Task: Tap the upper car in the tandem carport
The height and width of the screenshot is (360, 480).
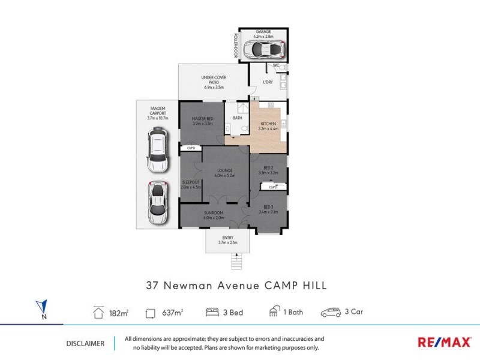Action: click(x=157, y=152)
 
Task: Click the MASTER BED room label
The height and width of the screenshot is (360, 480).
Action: click(x=203, y=119)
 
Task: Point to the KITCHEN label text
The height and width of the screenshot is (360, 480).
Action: click(x=268, y=124)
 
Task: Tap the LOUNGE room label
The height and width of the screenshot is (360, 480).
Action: click(x=225, y=171)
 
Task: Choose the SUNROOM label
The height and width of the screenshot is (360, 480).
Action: click(x=214, y=213)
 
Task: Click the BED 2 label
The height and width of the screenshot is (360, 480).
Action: click(x=268, y=167)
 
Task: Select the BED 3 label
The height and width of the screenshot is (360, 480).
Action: click(x=268, y=206)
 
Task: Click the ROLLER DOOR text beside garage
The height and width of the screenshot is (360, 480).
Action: click(x=235, y=45)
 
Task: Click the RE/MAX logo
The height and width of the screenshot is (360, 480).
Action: click(x=444, y=343)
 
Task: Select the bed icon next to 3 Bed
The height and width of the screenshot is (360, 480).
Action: click(x=212, y=312)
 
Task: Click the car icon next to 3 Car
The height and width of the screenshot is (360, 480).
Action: click(x=331, y=312)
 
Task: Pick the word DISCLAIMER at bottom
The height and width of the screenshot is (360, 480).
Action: click(x=85, y=344)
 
